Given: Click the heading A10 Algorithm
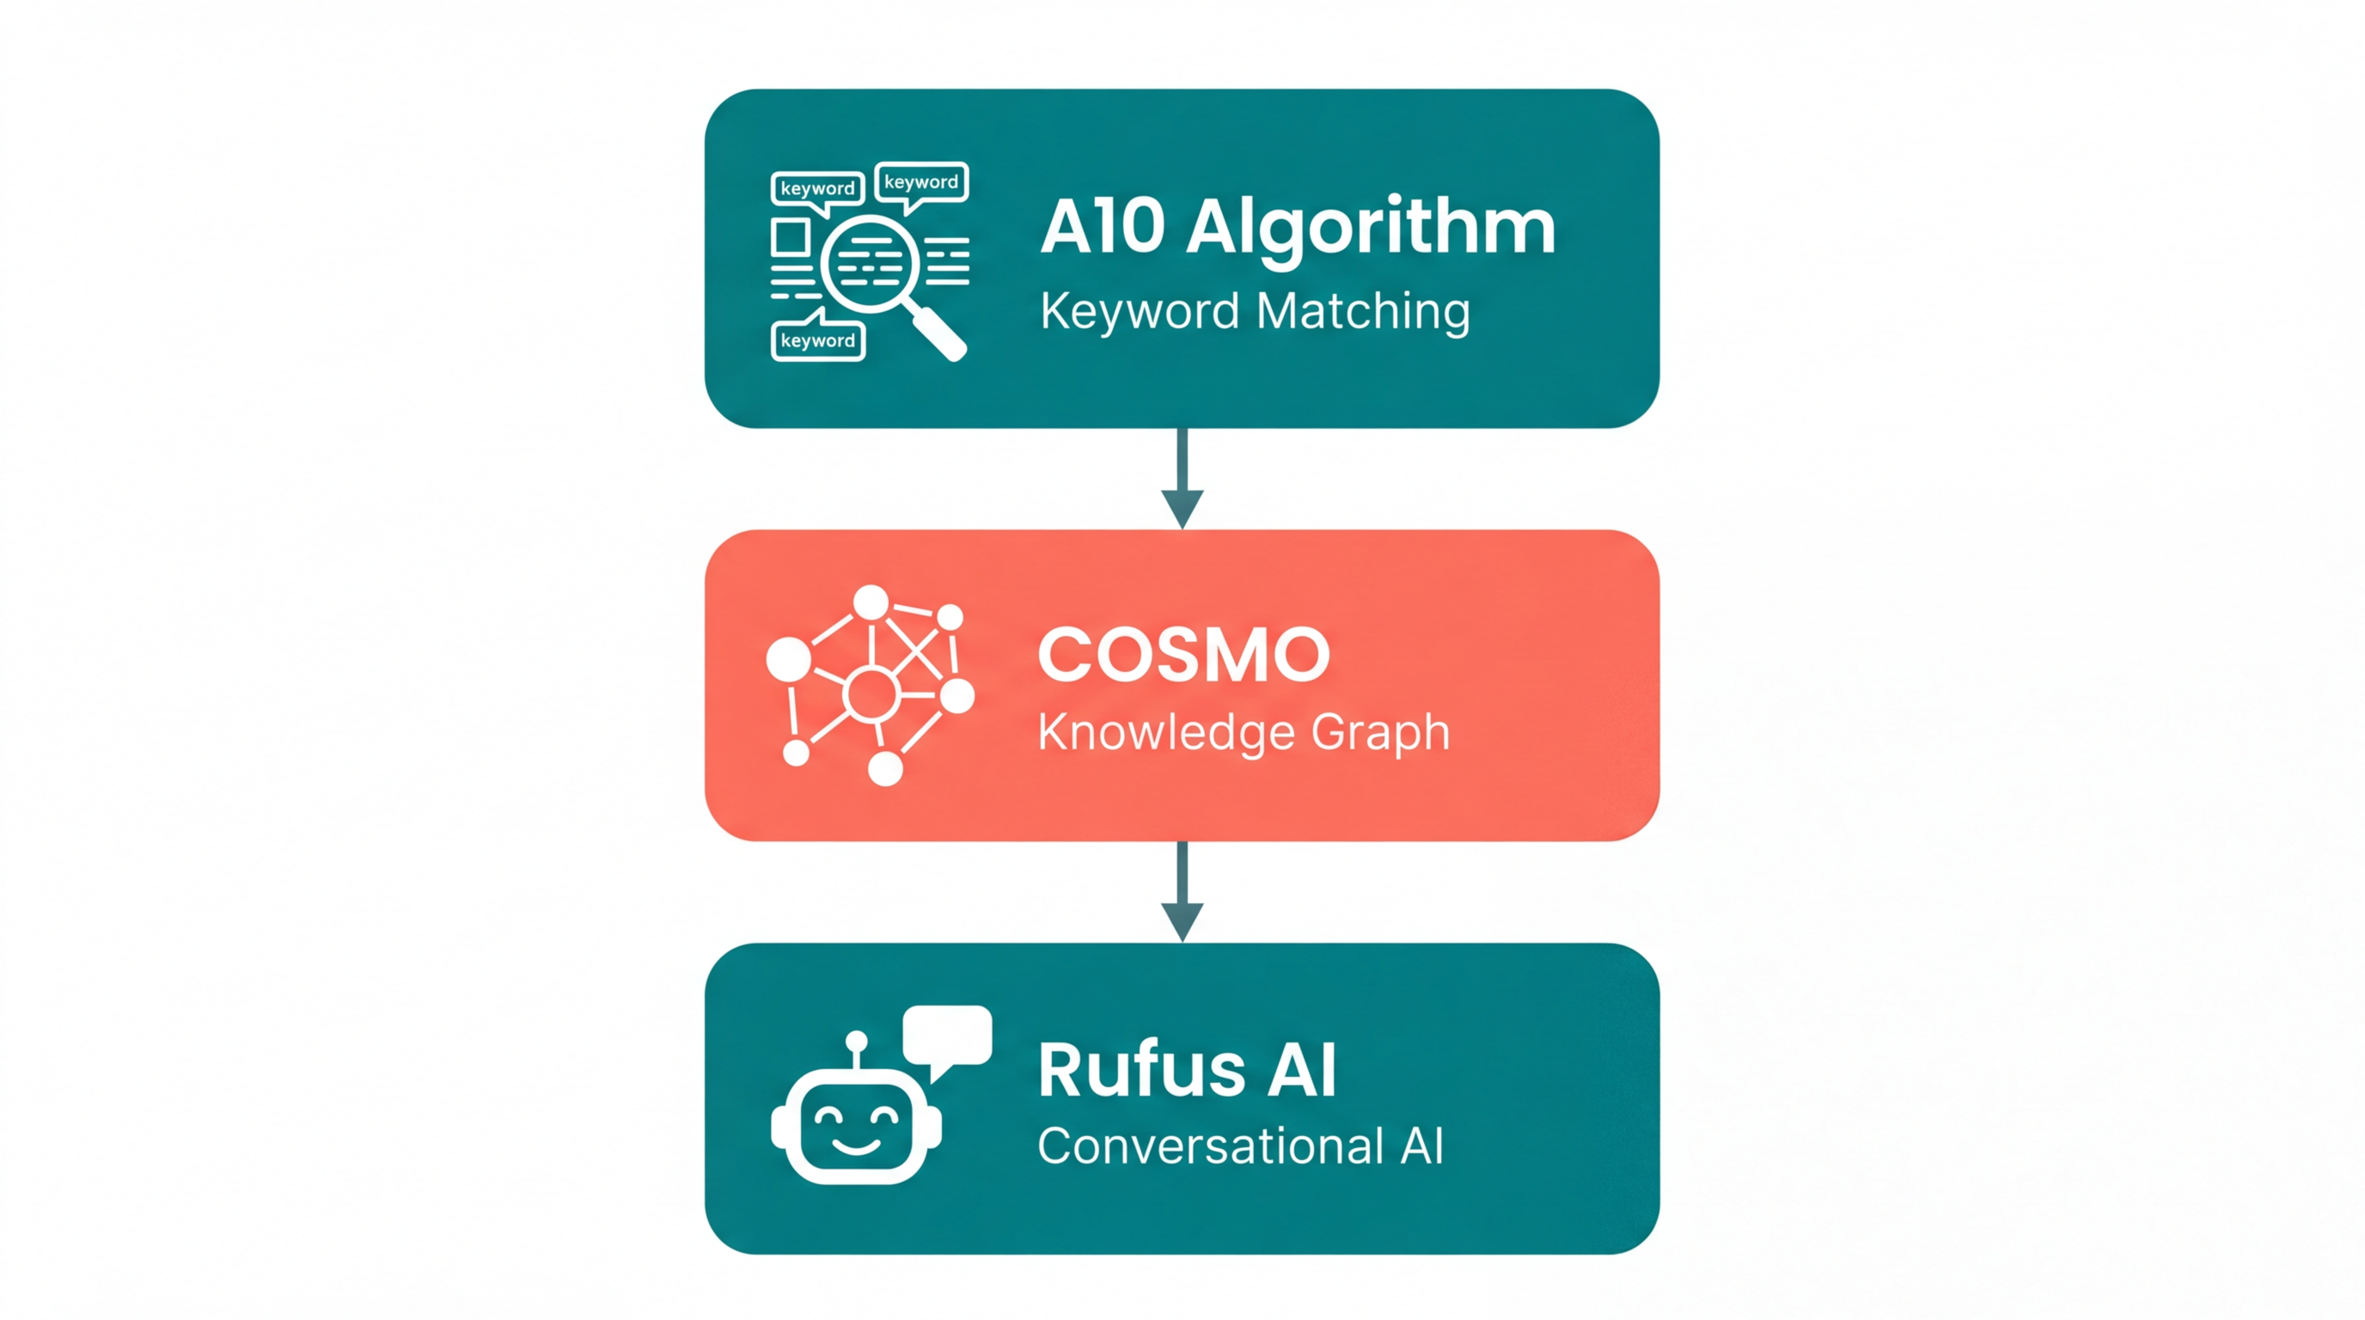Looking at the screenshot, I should pyautogui.click(x=1298, y=227).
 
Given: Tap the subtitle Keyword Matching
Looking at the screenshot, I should pyautogui.click(x=1254, y=311).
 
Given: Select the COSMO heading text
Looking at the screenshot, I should pyautogui.click(x=1183, y=656).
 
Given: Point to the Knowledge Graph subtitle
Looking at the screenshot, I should pyautogui.click(x=1244, y=732).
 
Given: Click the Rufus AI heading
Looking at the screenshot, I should pyautogui.click(x=1186, y=1070).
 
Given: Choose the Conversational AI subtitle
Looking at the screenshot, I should pyautogui.click(x=1240, y=1146).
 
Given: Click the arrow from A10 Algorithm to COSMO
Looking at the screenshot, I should pyautogui.click(x=1182, y=477).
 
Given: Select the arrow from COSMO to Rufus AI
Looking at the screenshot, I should pyautogui.click(x=1182, y=890).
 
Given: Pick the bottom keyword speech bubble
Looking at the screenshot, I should pyautogui.click(x=817, y=340).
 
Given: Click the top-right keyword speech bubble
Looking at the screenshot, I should pyautogui.click(x=921, y=183).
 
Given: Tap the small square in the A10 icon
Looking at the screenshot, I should pyautogui.click(x=790, y=238).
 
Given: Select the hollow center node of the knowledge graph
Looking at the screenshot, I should pyautogui.click(x=871, y=694).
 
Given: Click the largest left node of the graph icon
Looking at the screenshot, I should pyautogui.click(x=789, y=659).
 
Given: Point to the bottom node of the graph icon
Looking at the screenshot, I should pyautogui.click(x=885, y=768).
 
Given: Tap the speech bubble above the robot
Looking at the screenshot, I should pyautogui.click(x=948, y=1036).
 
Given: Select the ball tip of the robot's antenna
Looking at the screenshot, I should pyautogui.click(x=856, y=1041).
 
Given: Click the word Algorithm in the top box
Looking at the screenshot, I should pyautogui.click(x=1371, y=227).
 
